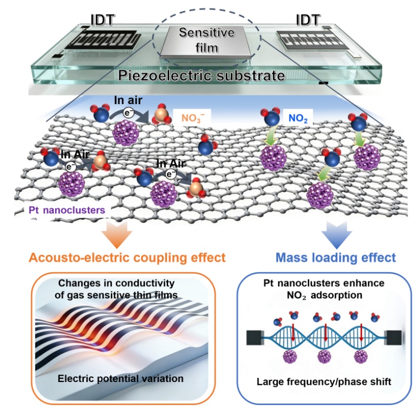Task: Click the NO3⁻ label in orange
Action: pyautogui.click(x=193, y=118)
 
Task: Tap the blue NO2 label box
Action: pyautogui.click(x=298, y=118)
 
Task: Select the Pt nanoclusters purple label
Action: pyautogui.click(x=67, y=210)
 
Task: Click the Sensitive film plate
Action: pyautogui.click(x=206, y=42)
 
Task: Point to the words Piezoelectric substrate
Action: pyautogui.click(x=202, y=75)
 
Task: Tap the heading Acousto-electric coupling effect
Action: pyautogui.click(x=127, y=258)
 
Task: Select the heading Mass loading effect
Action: pyautogui.click(x=336, y=258)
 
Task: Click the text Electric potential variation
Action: pyautogui.click(x=121, y=378)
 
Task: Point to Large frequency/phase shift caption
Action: pyautogui.click(x=324, y=381)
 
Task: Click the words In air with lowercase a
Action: pyautogui.click(x=128, y=100)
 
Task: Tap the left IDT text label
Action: pyautogui.click(x=103, y=20)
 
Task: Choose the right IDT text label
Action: pyautogui.click(x=308, y=20)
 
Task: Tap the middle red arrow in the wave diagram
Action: pyautogui.click(x=325, y=333)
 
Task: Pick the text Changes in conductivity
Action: pyautogui.click(x=116, y=283)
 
